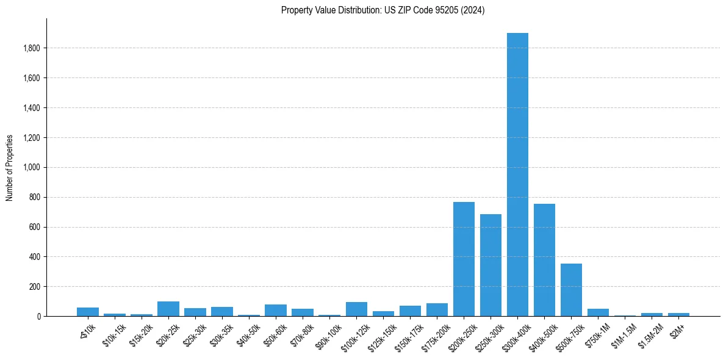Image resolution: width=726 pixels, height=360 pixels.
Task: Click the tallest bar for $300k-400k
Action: coord(517,175)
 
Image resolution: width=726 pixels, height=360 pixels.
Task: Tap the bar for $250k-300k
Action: coord(491,265)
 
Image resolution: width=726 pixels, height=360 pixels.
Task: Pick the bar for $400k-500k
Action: coord(544,260)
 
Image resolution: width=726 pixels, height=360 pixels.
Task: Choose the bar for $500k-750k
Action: coord(571,290)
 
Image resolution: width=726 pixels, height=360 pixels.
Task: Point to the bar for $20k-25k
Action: coord(168,309)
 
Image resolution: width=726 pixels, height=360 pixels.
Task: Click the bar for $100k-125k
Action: coord(356,309)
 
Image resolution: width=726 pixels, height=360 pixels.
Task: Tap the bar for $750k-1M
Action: coord(598,312)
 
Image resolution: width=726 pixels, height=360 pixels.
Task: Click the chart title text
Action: coord(383,10)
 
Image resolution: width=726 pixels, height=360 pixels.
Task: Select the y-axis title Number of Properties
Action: coord(10,168)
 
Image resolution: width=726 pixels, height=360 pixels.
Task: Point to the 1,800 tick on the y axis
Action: coord(32,48)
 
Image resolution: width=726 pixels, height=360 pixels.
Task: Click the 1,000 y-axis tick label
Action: coord(32,168)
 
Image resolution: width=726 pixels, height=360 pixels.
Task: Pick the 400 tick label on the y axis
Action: coord(34,257)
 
